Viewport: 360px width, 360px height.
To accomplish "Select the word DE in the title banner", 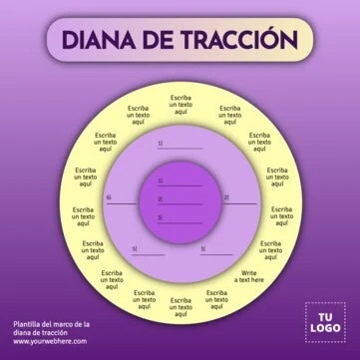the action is point(163,40).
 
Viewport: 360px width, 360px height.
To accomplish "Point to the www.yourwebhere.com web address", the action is point(51,341).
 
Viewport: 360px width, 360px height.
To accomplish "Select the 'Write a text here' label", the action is point(249,276).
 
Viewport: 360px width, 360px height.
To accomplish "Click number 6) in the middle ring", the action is point(109,196).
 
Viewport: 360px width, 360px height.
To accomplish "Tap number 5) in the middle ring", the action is point(136,249).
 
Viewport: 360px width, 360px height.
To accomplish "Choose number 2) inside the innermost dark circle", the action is point(160,199).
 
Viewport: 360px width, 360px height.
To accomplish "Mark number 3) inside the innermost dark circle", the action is point(160,215).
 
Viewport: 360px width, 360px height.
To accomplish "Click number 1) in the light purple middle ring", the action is point(160,144).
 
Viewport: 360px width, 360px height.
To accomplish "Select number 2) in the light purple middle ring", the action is point(225,196).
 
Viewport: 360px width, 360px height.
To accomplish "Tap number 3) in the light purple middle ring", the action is point(202,249).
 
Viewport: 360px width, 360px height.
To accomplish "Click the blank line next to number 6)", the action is point(125,199).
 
